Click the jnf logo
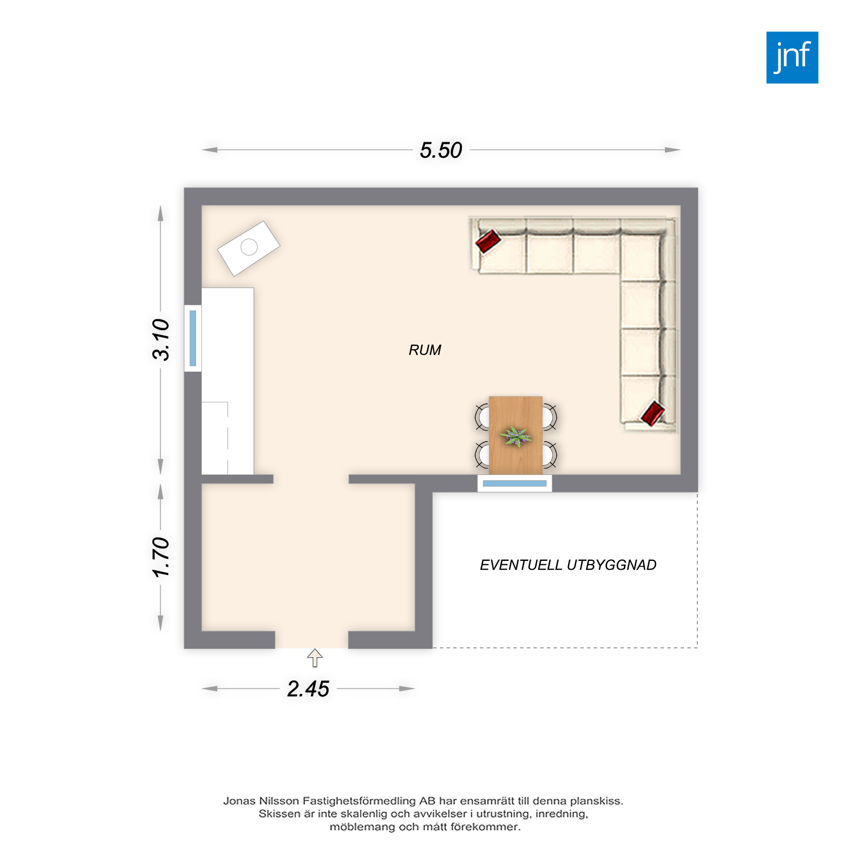coord(792,58)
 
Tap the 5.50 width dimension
coord(441,150)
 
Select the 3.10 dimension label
coord(161,339)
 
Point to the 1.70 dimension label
coord(161,557)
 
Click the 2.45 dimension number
coord(308,689)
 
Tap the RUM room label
coord(425,350)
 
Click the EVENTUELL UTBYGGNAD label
coord(568,565)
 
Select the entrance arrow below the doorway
coord(315,658)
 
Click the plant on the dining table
coord(516,437)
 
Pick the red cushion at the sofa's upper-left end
coord(488,241)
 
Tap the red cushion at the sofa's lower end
coord(653,413)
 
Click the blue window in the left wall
coord(193,338)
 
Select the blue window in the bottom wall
coord(515,484)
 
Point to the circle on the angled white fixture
coord(249,247)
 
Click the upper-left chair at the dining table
coord(482,416)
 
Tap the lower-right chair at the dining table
coord(549,454)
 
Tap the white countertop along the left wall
coord(228,381)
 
